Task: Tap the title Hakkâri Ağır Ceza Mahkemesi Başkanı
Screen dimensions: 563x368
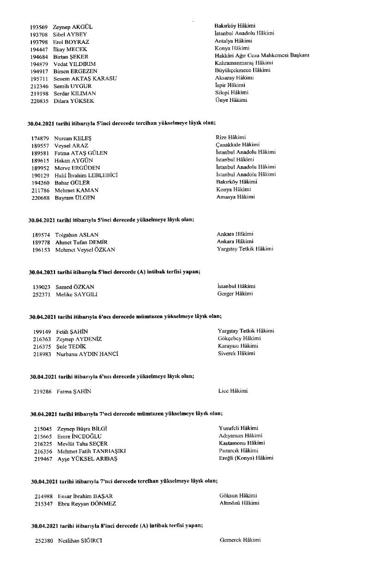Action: coord(261,56)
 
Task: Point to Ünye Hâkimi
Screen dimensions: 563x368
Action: coord(231,100)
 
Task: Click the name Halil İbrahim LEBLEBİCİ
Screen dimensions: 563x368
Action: coord(86,175)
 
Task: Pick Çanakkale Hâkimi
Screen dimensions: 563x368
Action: coord(237,145)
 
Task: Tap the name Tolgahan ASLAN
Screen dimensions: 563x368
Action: coord(77,235)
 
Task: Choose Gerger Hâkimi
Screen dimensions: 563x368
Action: coord(235,294)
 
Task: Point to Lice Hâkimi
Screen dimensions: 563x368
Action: coord(233,391)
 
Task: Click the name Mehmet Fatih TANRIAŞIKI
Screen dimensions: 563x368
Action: coord(87,451)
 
